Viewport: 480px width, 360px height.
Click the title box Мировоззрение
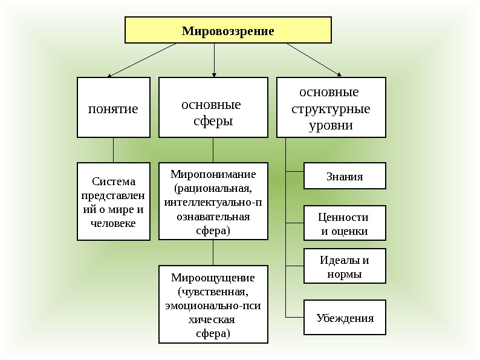(228, 30)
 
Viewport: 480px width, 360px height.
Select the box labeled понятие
(113, 108)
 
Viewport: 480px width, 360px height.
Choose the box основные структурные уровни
(331, 108)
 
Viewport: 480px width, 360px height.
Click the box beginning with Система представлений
(113, 201)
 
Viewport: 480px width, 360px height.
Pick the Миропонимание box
(213, 201)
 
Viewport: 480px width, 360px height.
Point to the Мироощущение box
(213, 304)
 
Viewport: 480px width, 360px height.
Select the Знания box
(344, 176)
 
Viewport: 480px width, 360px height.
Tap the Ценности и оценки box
(344, 223)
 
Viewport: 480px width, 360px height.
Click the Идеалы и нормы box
(344, 267)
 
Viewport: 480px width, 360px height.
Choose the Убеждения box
(344, 318)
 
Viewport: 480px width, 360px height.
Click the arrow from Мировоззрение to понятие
(143, 60)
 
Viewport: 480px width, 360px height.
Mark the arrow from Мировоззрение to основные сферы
(214, 61)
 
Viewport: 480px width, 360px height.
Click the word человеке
(113, 223)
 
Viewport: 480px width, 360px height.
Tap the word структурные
(331, 110)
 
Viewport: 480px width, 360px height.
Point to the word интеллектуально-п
(213, 202)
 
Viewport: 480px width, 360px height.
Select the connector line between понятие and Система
(113, 150)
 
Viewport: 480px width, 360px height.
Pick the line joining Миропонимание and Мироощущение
(213, 252)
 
